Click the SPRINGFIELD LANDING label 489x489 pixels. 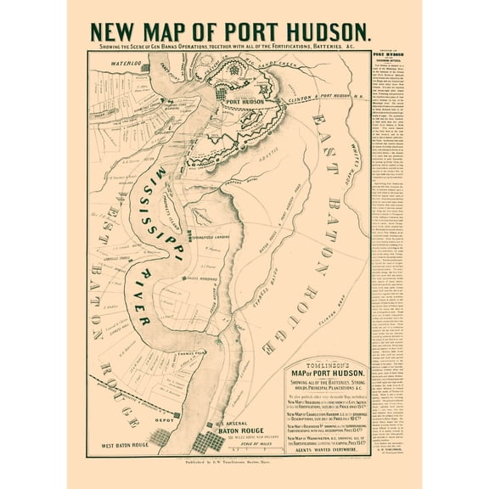click(x=219, y=237)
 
